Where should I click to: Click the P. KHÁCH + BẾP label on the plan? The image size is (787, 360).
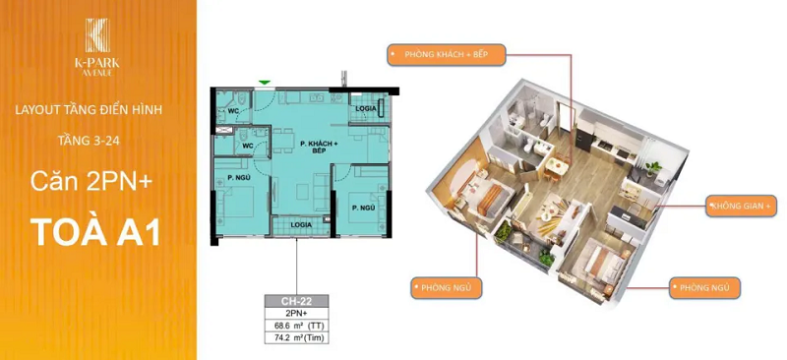[319, 149]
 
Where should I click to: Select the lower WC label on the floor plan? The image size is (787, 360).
[248, 146]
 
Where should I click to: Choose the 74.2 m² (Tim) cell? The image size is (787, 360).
[297, 338]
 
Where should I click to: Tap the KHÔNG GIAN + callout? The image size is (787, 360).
[741, 206]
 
